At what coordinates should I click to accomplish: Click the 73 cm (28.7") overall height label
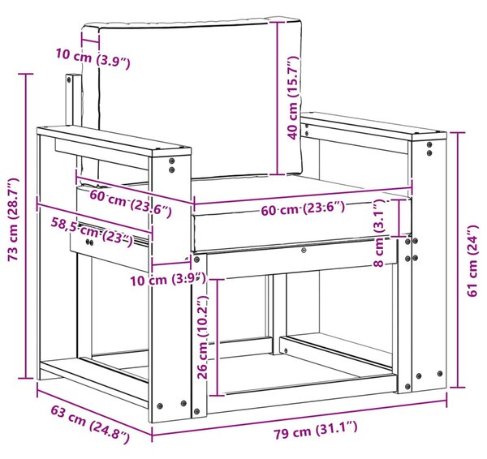(14, 220)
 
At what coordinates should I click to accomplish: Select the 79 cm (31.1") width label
(315, 430)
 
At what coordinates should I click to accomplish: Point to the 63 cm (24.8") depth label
(90, 425)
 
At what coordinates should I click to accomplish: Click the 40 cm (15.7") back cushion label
(292, 98)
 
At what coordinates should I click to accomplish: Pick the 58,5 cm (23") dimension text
(92, 232)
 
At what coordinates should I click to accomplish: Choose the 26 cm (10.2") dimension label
(203, 337)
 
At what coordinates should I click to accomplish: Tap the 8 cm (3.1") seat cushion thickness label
(379, 234)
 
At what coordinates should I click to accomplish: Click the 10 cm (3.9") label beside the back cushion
(93, 58)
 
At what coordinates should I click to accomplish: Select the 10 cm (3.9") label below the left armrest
(168, 279)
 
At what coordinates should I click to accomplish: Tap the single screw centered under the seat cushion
(304, 250)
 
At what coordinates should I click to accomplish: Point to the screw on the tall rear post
(68, 79)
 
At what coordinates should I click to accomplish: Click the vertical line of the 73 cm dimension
(26, 226)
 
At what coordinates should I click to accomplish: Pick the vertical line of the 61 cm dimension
(458, 260)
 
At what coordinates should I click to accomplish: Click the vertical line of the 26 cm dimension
(218, 337)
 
